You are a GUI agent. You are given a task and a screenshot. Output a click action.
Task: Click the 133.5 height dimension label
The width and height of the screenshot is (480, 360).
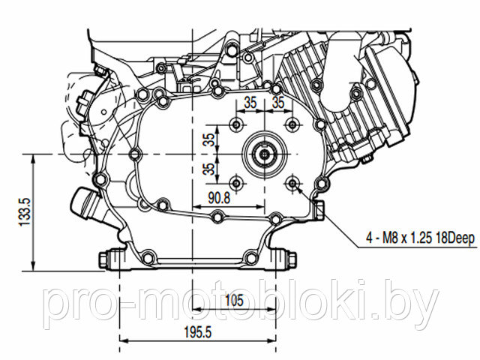point(25,211)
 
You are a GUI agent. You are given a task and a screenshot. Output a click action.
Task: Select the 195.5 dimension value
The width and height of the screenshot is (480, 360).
point(198,332)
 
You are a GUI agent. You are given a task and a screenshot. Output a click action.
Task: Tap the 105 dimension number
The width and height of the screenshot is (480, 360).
point(234,301)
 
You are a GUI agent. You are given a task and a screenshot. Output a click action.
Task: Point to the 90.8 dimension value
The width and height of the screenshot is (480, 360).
point(219,198)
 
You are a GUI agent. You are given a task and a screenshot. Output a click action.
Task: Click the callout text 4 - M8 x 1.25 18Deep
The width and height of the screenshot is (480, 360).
point(420,238)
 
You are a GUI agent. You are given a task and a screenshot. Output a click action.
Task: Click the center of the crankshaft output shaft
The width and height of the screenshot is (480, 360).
point(265,154)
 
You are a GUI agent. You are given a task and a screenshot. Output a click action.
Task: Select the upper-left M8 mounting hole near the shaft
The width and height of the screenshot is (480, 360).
point(237,125)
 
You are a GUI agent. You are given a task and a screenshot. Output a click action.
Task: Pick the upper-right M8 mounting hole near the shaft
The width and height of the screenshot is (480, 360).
point(292,125)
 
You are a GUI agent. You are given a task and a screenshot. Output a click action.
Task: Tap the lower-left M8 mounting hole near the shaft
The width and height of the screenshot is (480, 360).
point(237,183)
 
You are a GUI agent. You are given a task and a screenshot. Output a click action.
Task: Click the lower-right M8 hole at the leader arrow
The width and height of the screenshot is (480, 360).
point(292,183)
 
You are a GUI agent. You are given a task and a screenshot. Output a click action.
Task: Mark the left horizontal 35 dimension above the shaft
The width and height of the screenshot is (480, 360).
point(250,103)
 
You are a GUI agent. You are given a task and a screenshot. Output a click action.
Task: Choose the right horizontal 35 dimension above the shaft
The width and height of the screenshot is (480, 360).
point(278,103)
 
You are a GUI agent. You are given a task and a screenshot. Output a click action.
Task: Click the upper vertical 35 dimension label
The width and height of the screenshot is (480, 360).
point(209,140)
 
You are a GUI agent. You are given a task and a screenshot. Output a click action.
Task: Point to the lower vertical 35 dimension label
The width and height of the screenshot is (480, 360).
point(209,169)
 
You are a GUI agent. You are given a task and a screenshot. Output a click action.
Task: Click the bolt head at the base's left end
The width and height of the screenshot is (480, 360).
point(103,259)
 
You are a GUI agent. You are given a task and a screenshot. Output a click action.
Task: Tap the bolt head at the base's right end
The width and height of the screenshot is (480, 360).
point(292,259)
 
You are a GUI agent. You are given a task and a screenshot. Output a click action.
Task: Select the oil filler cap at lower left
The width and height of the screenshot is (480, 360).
point(84,202)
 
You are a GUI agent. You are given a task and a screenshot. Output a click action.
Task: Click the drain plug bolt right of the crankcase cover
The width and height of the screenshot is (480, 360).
point(319,210)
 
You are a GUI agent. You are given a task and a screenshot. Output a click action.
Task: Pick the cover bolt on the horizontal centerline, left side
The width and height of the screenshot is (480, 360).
point(135,154)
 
